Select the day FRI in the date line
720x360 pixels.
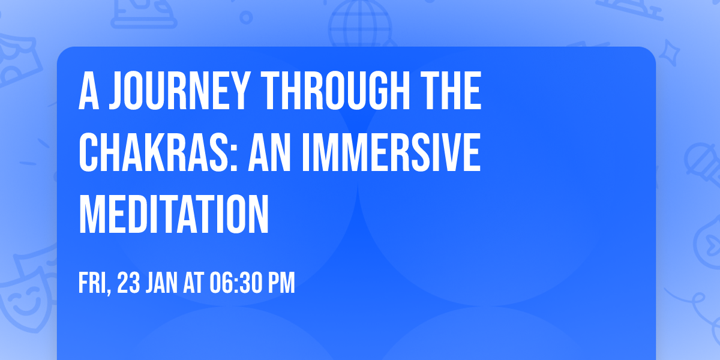92,283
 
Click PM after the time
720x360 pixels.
281,283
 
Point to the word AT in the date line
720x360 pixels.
194,283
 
